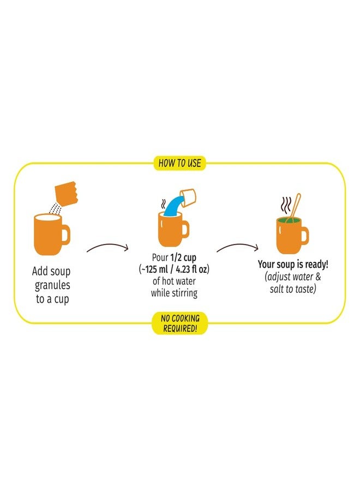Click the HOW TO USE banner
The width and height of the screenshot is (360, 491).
click(179, 163)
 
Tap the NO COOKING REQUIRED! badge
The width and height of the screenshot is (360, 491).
click(179, 323)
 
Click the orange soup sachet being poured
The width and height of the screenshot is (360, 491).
click(66, 193)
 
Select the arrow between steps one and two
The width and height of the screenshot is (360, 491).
click(107, 247)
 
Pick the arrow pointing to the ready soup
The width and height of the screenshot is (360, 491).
click(238, 247)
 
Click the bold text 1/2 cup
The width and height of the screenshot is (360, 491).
click(183, 258)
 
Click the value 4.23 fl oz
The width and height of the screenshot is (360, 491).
click(191, 270)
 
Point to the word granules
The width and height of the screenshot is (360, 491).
click(52, 285)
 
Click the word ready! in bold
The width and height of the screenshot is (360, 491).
click(317, 265)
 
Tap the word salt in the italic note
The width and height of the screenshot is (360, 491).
click(277, 289)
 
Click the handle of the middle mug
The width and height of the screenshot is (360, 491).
click(185, 229)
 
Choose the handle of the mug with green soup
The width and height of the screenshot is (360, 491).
click(304, 236)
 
